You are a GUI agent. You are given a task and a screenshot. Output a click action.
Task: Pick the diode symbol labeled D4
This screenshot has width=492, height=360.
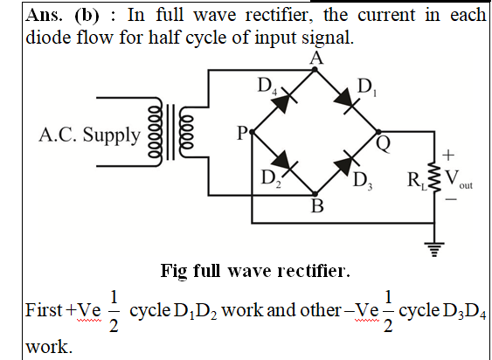coord(283,100)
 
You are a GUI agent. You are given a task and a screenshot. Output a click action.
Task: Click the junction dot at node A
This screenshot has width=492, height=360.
coord(315,69)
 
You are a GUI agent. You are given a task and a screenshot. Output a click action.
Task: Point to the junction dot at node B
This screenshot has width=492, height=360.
coord(315,194)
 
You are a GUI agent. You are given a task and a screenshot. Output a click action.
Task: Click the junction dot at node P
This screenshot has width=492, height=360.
coord(252,132)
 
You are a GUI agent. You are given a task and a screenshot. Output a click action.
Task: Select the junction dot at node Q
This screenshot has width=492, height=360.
coord(378,132)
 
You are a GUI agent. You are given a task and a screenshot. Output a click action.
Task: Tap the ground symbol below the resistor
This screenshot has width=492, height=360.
coord(434,249)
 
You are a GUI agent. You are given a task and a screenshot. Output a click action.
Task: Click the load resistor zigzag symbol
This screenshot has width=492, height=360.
coord(434,177)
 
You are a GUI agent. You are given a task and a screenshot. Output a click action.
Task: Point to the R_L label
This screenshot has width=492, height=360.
coord(417,182)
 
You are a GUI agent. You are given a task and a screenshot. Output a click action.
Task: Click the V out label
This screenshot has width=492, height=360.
coord(459,179)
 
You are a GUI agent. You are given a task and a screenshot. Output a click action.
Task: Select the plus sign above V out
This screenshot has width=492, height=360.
coord(448,155)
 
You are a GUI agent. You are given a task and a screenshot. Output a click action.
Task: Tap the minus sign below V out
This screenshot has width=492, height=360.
coord(451,199)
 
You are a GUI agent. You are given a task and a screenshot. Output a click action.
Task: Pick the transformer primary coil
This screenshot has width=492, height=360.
coord(156,132)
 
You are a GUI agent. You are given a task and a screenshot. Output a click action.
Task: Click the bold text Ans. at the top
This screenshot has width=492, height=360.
coord(44,15)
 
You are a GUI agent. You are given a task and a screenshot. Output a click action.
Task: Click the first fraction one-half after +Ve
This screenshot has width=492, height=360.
coord(114,311)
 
